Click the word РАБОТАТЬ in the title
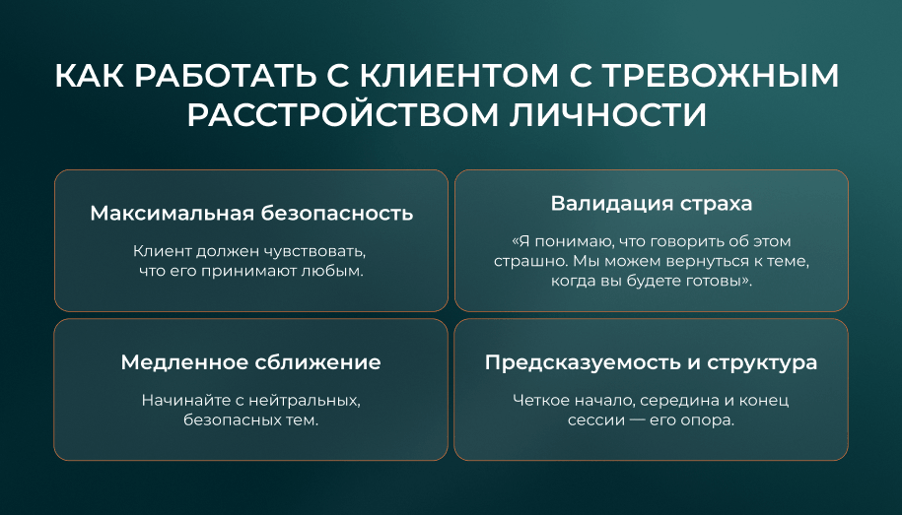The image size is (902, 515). pos(226,76)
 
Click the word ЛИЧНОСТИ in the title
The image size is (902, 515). pos(608,115)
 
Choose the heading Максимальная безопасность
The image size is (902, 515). pos(251,214)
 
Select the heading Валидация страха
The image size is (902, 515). pos(652,204)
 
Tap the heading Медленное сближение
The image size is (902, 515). pos(250,362)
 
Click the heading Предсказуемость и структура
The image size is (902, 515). pos(651,362)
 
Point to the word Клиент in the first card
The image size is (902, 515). pos(163,251)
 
